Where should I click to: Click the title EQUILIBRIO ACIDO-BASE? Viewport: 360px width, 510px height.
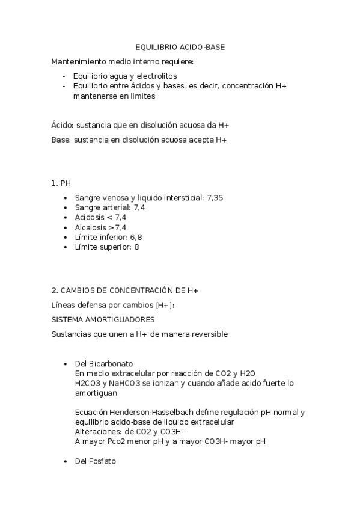click(180, 47)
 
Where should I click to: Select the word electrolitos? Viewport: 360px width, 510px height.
click(157, 76)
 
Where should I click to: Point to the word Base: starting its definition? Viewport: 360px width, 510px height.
click(61, 140)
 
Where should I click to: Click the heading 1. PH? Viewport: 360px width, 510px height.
click(61, 182)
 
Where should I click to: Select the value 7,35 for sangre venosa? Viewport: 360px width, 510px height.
click(215, 197)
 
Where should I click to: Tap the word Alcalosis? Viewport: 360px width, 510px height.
click(91, 227)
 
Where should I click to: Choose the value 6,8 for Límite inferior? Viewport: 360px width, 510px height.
click(136, 237)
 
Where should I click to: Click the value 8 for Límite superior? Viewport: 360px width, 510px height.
click(136, 247)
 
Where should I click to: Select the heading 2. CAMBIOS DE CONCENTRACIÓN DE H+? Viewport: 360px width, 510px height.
click(125, 290)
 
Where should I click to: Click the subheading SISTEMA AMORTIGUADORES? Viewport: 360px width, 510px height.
click(103, 319)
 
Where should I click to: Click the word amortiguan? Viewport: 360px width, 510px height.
click(96, 392)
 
